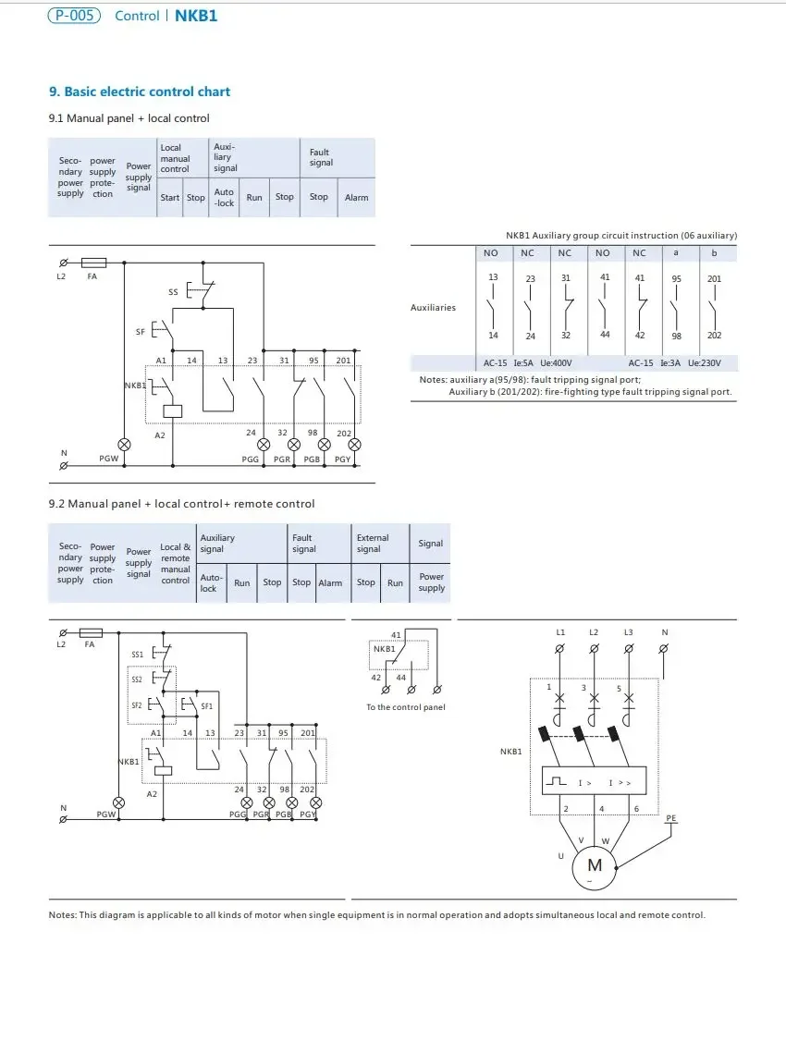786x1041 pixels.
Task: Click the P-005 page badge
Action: click(74, 16)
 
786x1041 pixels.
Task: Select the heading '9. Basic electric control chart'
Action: click(140, 92)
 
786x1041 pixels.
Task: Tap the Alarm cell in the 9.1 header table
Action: click(357, 197)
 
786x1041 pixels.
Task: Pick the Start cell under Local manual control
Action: click(170, 197)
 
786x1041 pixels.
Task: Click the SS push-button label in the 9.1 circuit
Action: click(173, 291)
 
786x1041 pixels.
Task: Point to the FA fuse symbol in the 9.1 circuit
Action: click(93, 263)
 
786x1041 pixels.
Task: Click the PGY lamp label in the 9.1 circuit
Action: click(342, 459)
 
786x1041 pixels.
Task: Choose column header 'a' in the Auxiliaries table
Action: click(676, 253)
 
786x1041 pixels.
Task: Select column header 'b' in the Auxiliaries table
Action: click(714, 253)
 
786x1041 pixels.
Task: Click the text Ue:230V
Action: click(705, 363)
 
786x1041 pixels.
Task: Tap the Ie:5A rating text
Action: click(523, 363)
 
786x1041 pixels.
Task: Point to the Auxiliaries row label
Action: click(433, 307)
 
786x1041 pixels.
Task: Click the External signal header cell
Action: click(373, 543)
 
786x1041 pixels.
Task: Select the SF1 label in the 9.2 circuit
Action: click(207, 706)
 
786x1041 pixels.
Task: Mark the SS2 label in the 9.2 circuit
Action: click(137, 680)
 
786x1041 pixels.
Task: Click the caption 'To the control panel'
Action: click(406, 707)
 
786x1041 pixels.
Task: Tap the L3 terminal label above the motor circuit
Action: click(628, 632)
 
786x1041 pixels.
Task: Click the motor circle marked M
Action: click(595, 865)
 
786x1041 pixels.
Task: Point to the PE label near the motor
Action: click(671, 818)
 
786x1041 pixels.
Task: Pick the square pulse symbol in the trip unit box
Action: click(557, 781)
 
